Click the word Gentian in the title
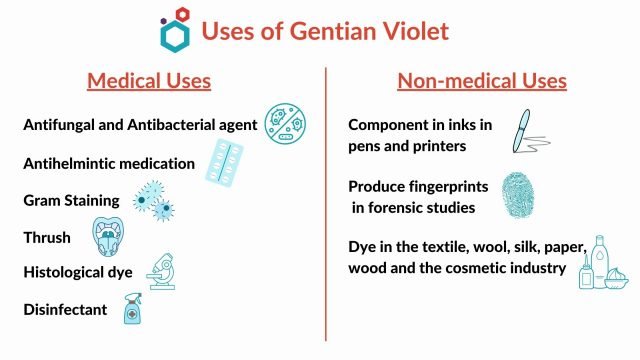pyautogui.click(x=299, y=30)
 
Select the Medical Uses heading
pyautogui.click(x=149, y=80)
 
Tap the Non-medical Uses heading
pyautogui.click(x=482, y=80)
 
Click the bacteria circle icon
pyautogui.click(x=284, y=123)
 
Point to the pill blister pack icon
pyautogui.click(x=225, y=161)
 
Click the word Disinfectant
pyautogui.click(x=65, y=310)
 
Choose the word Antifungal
pyautogui.click(x=63, y=126)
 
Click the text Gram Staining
pyautogui.click(x=71, y=200)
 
